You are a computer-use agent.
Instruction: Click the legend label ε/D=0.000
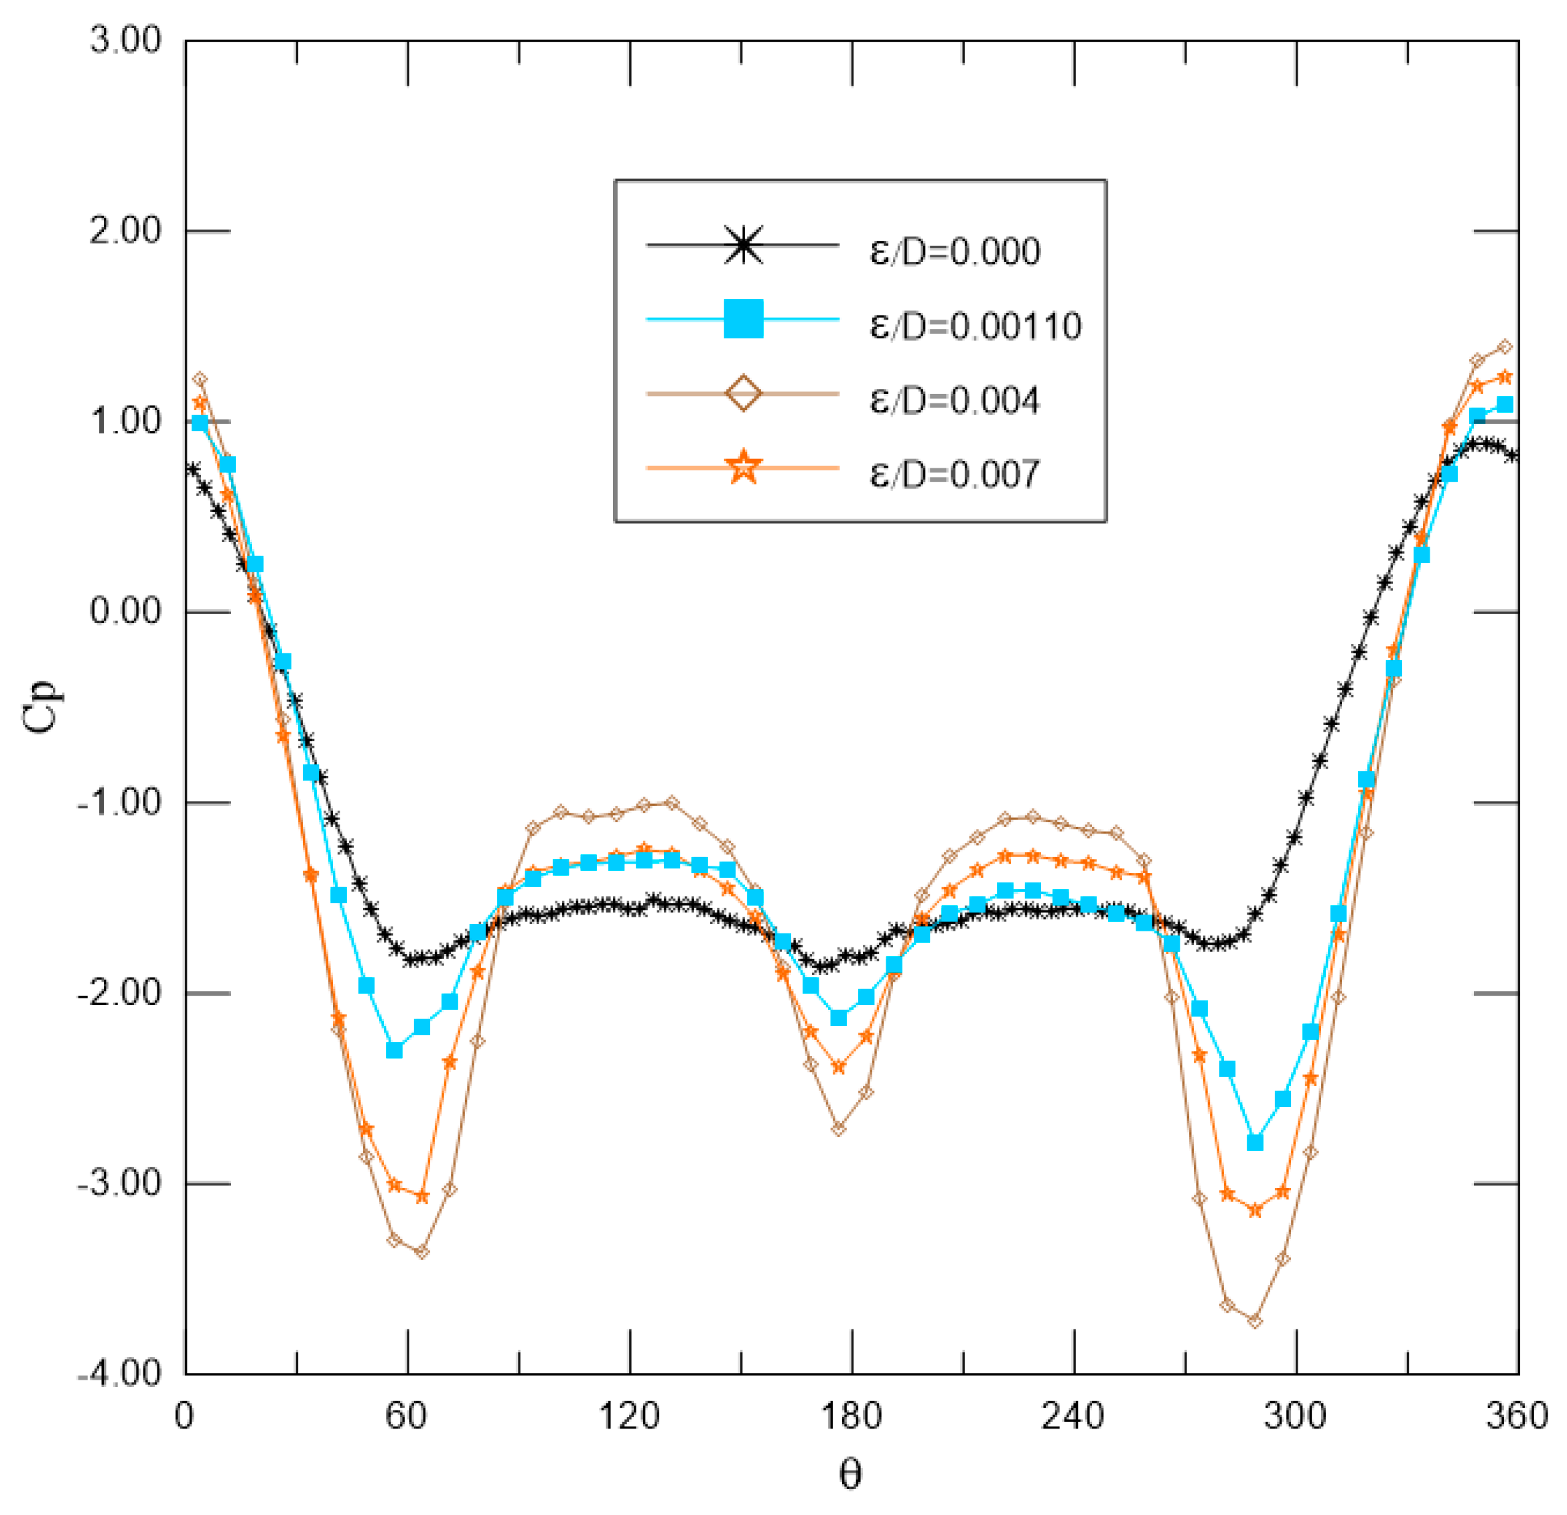pyautogui.click(x=955, y=252)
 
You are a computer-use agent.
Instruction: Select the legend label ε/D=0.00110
pyautogui.click(x=975, y=326)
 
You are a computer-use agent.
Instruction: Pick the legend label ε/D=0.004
pyautogui.click(x=955, y=400)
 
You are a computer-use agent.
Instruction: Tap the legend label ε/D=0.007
pyautogui.click(x=955, y=474)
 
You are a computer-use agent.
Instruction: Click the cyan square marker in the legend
pyautogui.click(x=743, y=319)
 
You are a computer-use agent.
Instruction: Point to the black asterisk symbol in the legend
pyautogui.click(x=743, y=245)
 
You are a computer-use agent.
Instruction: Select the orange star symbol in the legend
pyautogui.click(x=743, y=467)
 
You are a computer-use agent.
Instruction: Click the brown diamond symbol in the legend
pyautogui.click(x=743, y=393)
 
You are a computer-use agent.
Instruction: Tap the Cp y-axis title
pyautogui.click(x=40, y=706)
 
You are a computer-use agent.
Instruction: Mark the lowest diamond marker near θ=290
pyautogui.click(x=1254, y=1321)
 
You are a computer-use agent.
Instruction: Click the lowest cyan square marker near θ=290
pyautogui.click(x=1254, y=1143)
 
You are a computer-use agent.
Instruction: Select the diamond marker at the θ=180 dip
pyautogui.click(x=838, y=1128)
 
